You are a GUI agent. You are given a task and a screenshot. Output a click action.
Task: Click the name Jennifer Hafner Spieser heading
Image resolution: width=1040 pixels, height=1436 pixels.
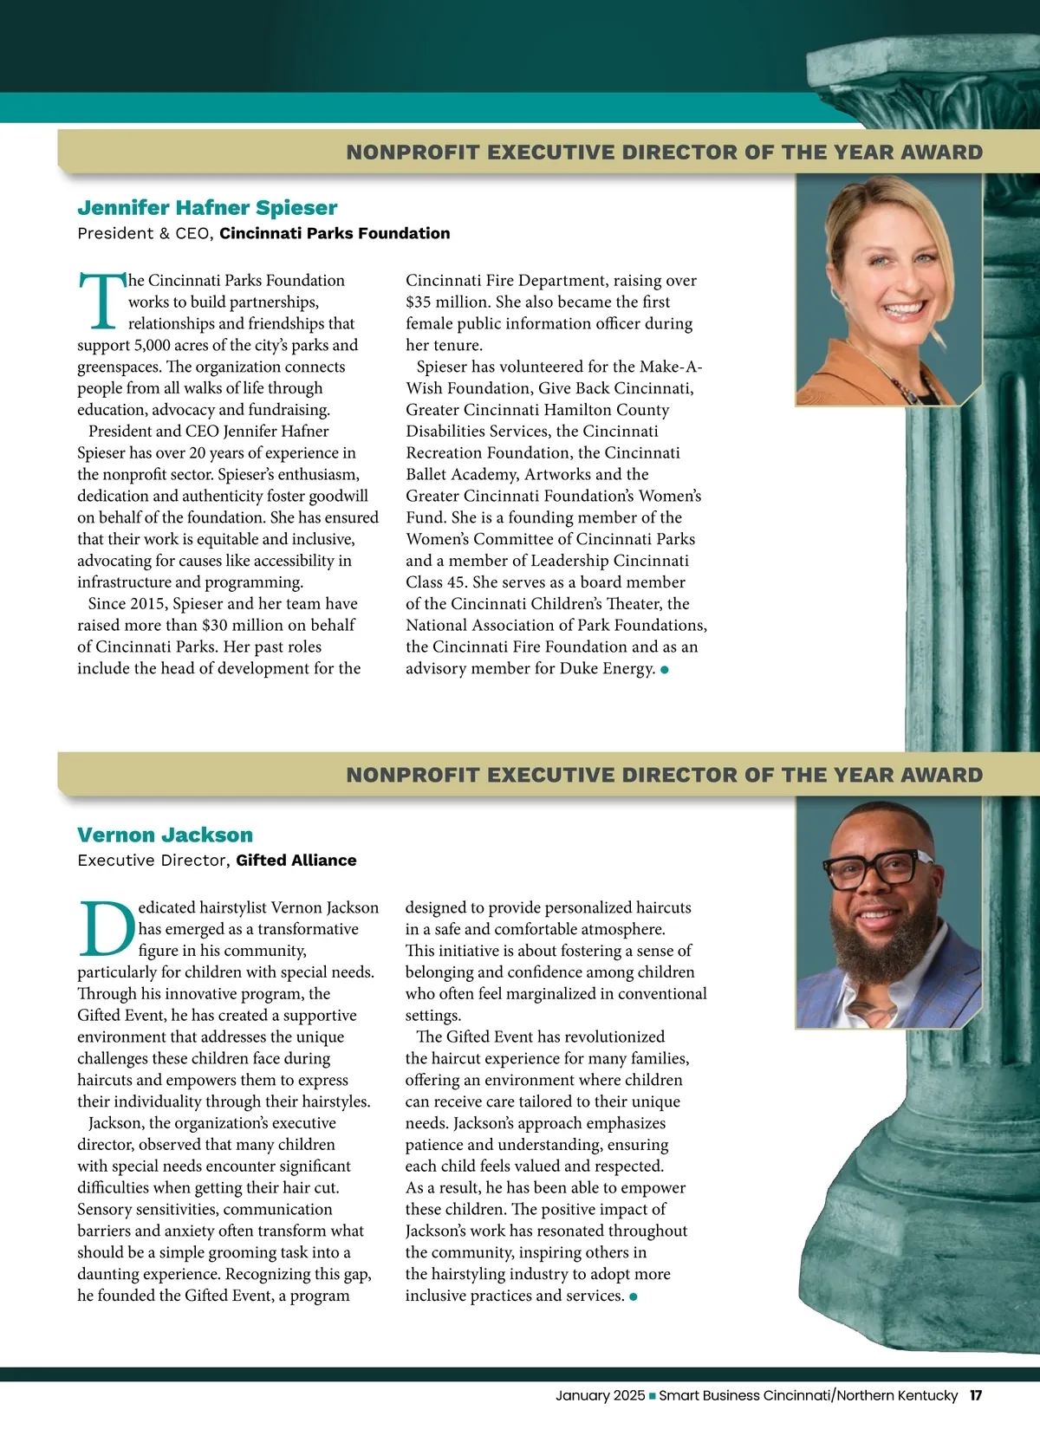[x=207, y=208]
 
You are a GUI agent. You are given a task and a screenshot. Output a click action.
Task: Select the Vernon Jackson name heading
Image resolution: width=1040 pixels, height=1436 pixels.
[x=165, y=835]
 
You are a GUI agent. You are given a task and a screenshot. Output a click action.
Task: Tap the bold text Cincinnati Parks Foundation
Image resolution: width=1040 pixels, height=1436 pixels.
[x=335, y=233]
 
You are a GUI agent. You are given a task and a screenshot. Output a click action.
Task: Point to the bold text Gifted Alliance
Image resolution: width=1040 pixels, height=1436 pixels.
[x=296, y=861]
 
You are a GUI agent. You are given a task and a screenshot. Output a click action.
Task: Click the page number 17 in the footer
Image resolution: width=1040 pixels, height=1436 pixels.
[x=976, y=1395]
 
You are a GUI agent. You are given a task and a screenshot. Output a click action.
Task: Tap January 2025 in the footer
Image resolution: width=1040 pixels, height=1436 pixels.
[x=600, y=1395]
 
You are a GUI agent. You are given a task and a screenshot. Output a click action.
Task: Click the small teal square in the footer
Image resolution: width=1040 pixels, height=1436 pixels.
[x=653, y=1396]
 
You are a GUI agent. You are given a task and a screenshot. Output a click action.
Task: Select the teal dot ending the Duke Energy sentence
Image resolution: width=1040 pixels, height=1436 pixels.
[x=665, y=670]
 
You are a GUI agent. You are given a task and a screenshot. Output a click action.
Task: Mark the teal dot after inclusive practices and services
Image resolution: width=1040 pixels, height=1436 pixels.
[x=634, y=1297]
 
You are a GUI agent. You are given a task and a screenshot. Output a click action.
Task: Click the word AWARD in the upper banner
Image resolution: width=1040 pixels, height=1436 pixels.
[x=941, y=153]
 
